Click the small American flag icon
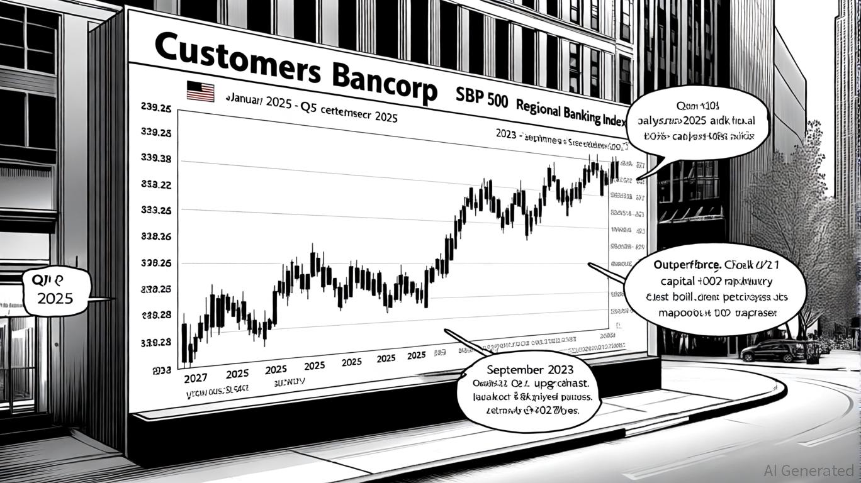(200, 92)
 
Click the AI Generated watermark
(808, 470)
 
